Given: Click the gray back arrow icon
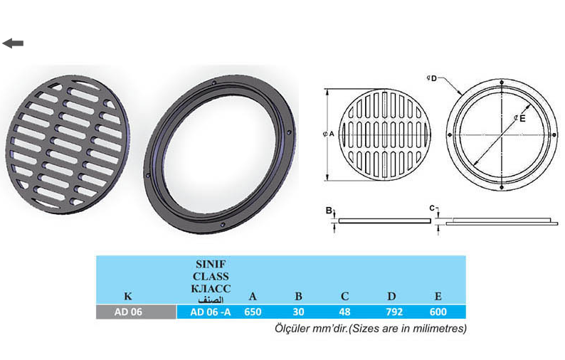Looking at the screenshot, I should pos(13,43).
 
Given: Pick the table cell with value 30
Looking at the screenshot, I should pos(299,312).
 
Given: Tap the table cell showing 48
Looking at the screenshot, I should pos(345,312).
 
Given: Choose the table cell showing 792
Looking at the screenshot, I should pos(392,312).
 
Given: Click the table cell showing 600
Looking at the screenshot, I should pos(439,312).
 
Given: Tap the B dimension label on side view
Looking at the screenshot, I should pos(328,211).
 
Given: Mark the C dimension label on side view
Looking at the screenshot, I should pos(431,208).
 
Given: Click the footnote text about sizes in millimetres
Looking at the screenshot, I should pos(370,329).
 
